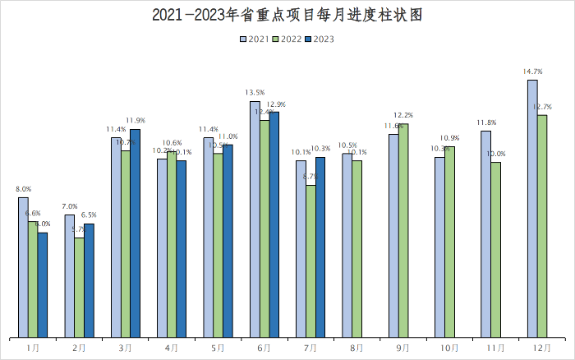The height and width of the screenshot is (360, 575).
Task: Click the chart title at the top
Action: [x=287, y=16]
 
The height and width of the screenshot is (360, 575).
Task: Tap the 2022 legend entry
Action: [x=287, y=39]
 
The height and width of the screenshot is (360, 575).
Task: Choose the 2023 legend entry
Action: [x=319, y=39]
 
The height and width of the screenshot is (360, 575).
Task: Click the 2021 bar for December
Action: [x=532, y=209]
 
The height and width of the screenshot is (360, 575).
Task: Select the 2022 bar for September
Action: [x=403, y=231]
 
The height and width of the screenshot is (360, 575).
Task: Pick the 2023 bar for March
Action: [x=135, y=233]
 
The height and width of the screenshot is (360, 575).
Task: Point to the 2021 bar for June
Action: [x=255, y=219]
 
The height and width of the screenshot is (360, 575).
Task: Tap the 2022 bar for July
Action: [x=310, y=261]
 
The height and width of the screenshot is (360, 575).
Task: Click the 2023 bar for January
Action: [x=43, y=285]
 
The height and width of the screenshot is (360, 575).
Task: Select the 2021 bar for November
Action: [x=486, y=234]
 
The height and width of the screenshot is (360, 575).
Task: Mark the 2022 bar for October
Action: [x=449, y=242]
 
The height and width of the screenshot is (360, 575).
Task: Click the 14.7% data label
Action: [x=531, y=72]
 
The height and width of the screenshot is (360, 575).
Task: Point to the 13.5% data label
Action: [x=255, y=93]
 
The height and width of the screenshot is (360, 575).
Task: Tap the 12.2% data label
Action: [x=403, y=115]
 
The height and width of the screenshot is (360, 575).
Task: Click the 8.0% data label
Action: [x=24, y=189]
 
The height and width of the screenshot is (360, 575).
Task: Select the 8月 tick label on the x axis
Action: [x=356, y=348]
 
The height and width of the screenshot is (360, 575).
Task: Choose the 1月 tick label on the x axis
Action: [x=33, y=348]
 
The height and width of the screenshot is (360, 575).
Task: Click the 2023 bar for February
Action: [x=89, y=280]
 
